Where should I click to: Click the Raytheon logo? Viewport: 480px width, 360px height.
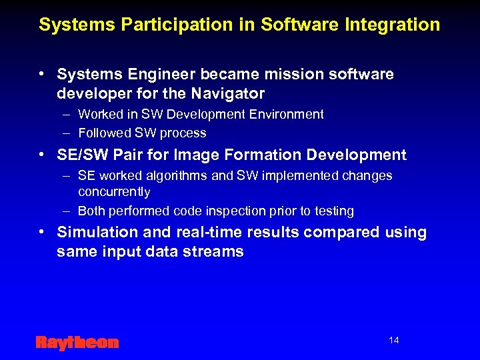click(77, 343)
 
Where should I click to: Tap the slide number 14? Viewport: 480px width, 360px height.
click(393, 341)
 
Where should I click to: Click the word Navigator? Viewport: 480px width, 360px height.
click(229, 93)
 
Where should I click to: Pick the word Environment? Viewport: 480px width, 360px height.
click(287, 115)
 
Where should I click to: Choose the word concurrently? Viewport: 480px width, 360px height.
click(114, 192)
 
